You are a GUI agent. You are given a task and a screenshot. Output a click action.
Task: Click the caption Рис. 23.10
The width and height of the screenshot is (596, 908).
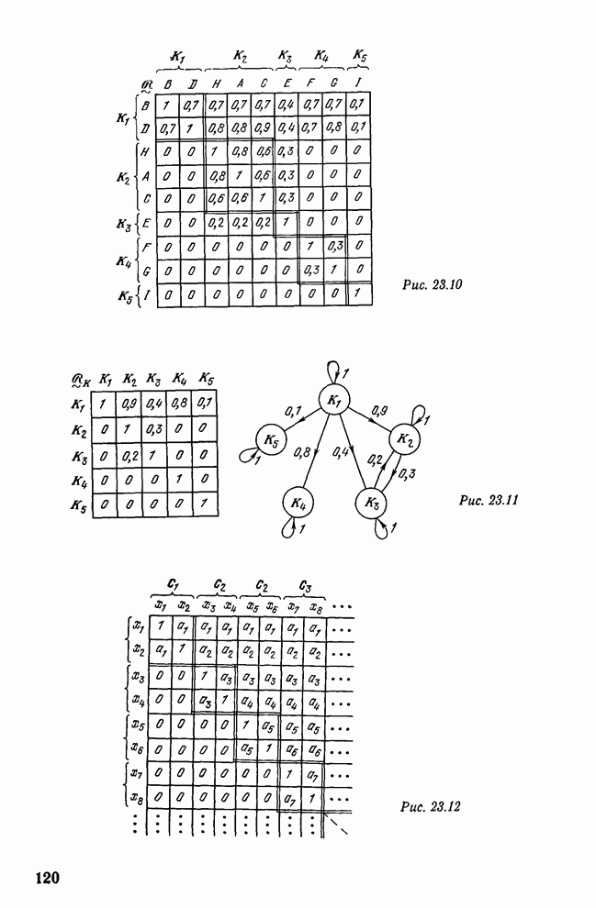431,284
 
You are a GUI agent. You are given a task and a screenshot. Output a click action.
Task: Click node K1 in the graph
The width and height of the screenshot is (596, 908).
336,401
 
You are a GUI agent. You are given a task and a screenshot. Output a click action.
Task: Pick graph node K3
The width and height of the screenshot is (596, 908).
371,504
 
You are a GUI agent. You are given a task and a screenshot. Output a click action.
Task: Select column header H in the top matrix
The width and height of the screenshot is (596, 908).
216,84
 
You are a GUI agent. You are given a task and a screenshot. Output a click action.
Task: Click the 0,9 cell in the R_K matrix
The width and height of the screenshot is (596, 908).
131,403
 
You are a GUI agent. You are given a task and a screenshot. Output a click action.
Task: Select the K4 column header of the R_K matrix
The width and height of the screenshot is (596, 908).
183,380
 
